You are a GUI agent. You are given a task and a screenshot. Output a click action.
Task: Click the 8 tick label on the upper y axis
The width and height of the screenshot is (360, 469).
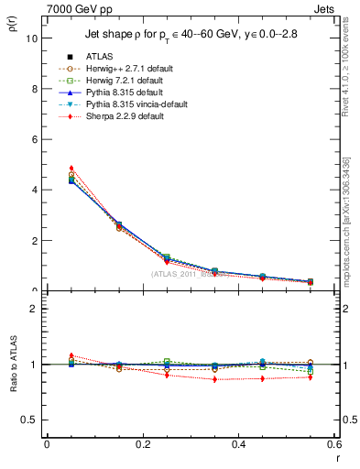coord(36,90)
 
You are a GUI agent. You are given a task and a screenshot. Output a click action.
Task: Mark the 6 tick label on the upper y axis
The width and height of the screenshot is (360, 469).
coord(36,140)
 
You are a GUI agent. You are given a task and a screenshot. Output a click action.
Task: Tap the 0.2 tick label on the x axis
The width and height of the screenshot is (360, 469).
coord(143,444)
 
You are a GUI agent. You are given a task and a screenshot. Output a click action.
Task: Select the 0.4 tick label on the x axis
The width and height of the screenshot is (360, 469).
coord(238,444)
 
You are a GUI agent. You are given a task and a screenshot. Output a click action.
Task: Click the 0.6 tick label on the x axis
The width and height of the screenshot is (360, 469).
coord(333,444)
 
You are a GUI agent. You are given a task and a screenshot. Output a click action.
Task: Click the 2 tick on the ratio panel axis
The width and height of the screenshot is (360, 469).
coord(36,309)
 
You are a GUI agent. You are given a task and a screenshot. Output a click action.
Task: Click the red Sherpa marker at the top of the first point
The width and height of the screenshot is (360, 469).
coord(71,169)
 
